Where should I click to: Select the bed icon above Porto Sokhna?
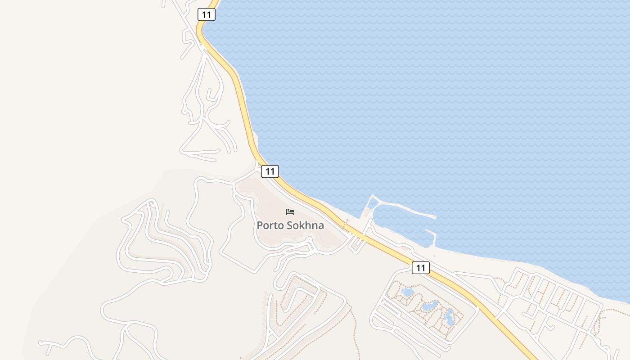(290, 212)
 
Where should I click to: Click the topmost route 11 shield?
(206, 14)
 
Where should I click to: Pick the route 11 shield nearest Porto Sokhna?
(270, 171)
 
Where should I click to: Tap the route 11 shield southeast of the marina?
(420, 268)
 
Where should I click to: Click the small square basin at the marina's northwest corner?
(373, 203)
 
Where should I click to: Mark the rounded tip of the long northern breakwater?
(434, 217)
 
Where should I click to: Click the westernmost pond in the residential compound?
(407, 292)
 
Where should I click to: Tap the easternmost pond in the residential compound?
(449, 317)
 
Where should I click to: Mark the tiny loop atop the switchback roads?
(152, 203)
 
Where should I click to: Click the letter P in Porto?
(260, 225)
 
